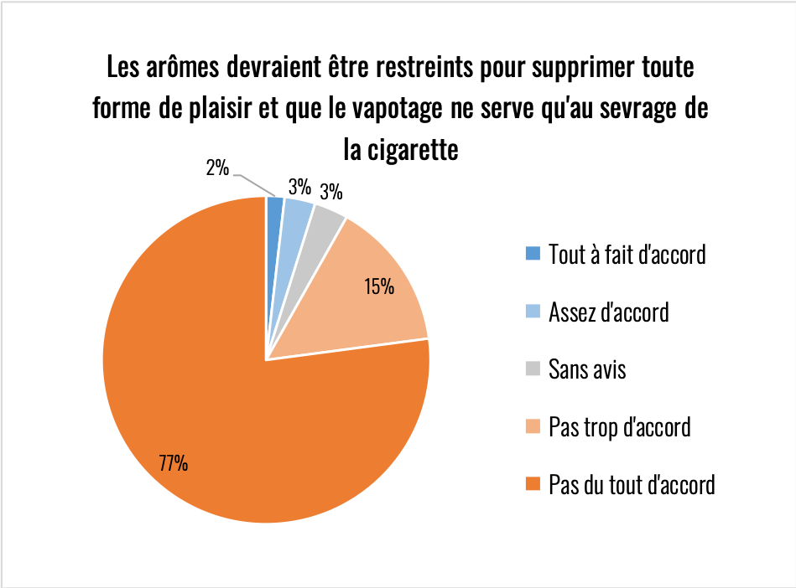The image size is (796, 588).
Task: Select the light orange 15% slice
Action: click(x=369, y=293)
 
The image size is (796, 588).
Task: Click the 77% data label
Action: click(x=174, y=462)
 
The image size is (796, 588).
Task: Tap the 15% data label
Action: click(x=379, y=287)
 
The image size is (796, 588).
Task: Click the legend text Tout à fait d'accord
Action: click(x=627, y=254)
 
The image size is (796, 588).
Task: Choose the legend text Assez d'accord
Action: click(x=608, y=312)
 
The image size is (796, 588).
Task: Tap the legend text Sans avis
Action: click(x=587, y=369)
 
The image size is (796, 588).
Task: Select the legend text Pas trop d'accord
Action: click(x=619, y=427)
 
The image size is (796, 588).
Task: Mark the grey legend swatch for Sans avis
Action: click(x=532, y=369)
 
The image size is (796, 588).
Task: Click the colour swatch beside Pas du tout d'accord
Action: click(x=532, y=484)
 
